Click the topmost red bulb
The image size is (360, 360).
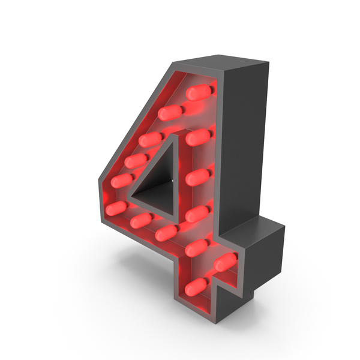(x=199, y=92)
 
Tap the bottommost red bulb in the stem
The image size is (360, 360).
(x=196, y=287)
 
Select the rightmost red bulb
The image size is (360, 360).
(x=225, y=262)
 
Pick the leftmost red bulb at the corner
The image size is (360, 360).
(x=116, y=208)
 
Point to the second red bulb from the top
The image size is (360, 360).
(x=170, y=113)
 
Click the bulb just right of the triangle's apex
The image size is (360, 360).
(x=198, y=137)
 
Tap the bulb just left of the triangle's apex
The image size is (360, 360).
(x=151, y=140)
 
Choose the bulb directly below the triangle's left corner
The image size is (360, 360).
(x=141, y=220)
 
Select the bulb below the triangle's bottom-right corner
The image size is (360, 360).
(x=166, y=233)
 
